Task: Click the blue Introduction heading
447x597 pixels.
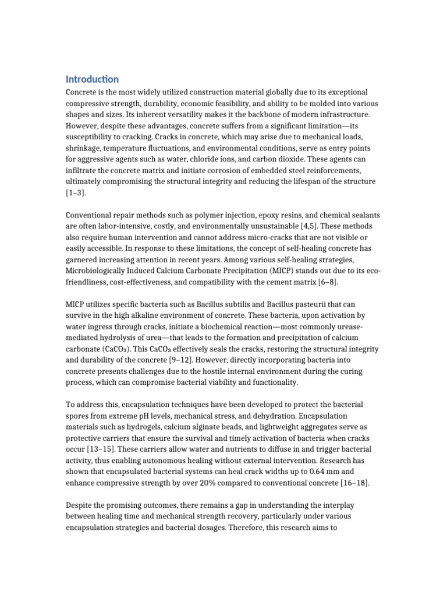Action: tap(92, 79)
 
